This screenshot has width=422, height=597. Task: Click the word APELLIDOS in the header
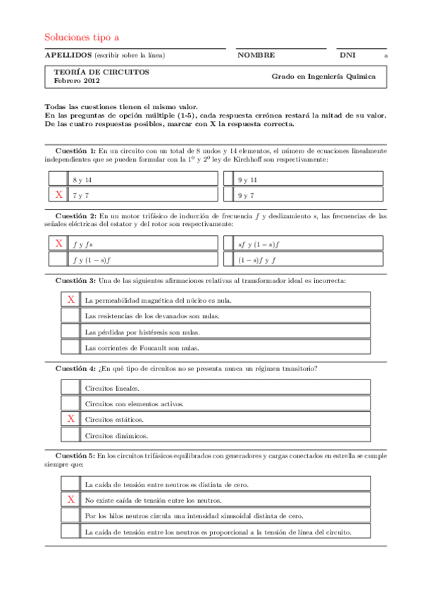coord(68,54)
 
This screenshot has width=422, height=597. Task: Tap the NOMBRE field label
coord(256,54)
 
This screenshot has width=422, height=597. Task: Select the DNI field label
coord(347,54)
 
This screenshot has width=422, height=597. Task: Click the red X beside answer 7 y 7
coord(58,194)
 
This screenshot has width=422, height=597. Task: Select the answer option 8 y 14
coord(82,180)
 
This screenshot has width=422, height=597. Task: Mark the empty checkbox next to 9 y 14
coord(228,180)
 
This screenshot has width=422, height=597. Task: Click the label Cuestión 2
coord(75,216)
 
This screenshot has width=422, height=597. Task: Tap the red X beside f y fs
coord(58,244)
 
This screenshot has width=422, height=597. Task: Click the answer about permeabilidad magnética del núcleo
coord(158,300)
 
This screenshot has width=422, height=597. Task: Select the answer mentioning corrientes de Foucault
coord(142,348)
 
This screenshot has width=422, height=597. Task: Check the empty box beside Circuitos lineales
coord(70,387)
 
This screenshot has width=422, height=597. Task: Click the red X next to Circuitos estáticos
coord(70,419)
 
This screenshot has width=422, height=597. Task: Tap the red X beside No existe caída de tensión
coord(70,500)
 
